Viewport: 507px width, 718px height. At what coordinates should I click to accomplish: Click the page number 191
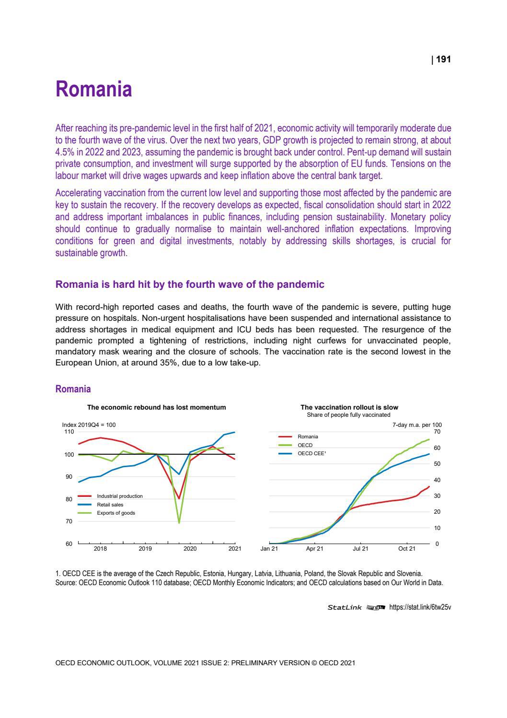[x=444, y=59]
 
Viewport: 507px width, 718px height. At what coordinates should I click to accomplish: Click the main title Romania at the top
[x=93, y=90]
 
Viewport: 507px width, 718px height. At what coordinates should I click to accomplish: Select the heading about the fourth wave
[x=190, y=284]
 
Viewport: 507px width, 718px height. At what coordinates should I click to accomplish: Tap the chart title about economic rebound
[x=156, y=407]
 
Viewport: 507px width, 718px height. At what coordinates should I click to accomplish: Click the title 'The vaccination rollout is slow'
[x=349, y=407]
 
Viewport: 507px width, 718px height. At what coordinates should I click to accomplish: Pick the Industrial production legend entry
[x=119, y=496]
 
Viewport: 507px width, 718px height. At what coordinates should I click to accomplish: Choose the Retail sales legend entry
[x=110, y=505]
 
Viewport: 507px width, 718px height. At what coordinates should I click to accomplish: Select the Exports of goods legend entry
[x=115, y=513]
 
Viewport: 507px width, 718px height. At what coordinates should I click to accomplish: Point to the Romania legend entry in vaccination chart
[x=308, y=436]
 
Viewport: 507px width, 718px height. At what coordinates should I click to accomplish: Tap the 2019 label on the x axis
[x=145, y=549]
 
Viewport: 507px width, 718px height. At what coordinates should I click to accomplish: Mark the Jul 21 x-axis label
[x=361, y=549]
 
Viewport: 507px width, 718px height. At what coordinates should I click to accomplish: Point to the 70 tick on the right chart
[x=437, y=432]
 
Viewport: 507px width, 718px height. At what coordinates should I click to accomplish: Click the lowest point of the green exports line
[x=179, y=522]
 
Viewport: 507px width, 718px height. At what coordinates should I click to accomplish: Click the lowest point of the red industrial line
[x=179, y=499]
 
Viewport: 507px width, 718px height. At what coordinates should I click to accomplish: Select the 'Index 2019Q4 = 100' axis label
[x=89, y=425]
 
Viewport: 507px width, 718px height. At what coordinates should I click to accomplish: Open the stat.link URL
[x=420, y=607]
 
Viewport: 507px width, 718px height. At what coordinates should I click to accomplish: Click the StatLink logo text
[x=345, y=607]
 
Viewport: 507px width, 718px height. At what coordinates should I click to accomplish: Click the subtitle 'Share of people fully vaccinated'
[x=348, y=415]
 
